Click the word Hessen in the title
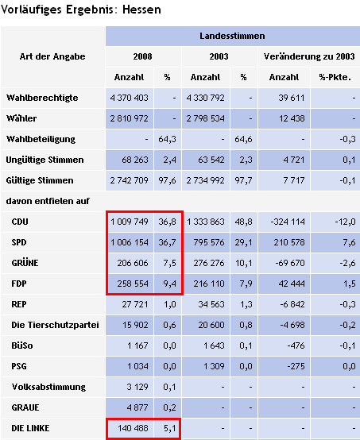(x=141, y=10)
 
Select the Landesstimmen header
(x=232, y=36)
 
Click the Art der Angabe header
(x=52, y=56)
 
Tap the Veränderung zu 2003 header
(x=309, y=56)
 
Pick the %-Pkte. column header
(x=335, y=77)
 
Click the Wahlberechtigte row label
(x=42, y=98)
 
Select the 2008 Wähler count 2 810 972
(x=130, y=118)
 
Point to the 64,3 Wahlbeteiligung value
(x=168, y=139)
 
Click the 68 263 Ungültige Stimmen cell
(x=135, y=160)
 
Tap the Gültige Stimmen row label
(x=40, y=180)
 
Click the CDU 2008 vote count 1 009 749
(x=130, y=222)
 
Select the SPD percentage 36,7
(x=168, y=242)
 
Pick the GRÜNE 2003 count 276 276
(x=209, y=263)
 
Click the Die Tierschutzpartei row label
(x=55, y=325)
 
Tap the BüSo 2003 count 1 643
(x=214, y=345)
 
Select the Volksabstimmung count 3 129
(x=137, y=387)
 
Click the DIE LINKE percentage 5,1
(x=170, y=428)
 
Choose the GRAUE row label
(x=25, y=407)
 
